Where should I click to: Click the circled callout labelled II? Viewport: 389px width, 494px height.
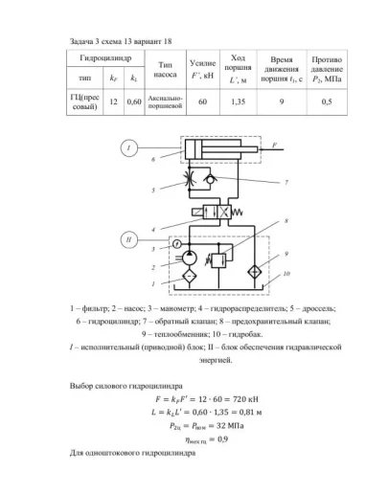tap(127, 237)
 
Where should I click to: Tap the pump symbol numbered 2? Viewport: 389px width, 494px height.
tap(189, 257)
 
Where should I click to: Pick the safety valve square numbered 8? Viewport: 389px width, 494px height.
tap(217, 257)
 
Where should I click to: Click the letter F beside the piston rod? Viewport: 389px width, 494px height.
tap(275, 144)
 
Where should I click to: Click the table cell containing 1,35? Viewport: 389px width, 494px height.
tap(240, 101)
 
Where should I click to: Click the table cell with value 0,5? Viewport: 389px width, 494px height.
tap(328, 101)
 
